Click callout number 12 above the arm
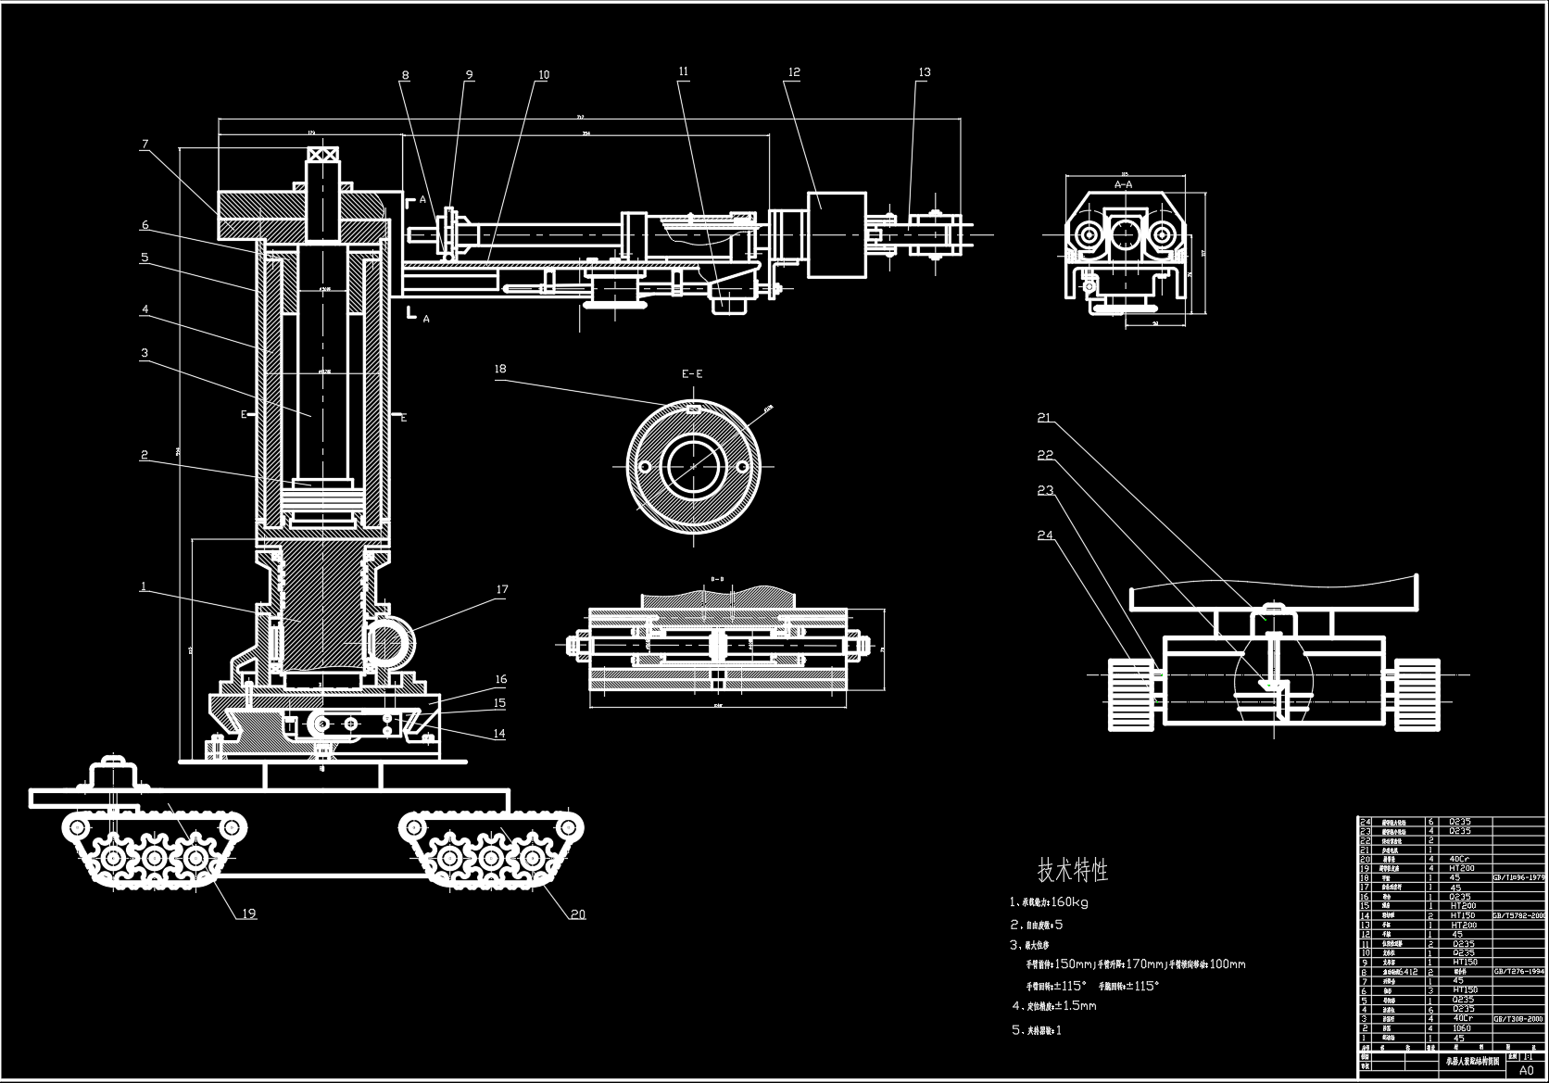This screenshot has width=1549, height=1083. click(794, 72)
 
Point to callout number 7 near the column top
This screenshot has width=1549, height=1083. click(145, 144)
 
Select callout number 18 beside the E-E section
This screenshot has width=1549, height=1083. click(500, 369)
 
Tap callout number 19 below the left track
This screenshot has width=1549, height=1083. click(248, 913)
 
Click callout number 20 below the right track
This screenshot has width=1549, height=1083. click(577, 914)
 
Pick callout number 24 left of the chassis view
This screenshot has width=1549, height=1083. click(1045, 535)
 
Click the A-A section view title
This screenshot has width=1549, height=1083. click(1123, 184)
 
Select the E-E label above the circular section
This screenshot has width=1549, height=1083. click(692, 374)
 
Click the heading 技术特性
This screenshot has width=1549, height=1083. click(1072, 870)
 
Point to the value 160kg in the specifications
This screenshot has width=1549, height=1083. click(1070, 901)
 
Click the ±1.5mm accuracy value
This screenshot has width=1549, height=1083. click(1076, 1006)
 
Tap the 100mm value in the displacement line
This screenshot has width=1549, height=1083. click(1228, 964)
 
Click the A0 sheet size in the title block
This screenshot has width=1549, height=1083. click(1526, 1069)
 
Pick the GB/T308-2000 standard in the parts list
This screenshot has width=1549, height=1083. click(1518, 1018)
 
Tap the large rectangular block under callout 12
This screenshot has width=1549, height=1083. click(837, 234)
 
